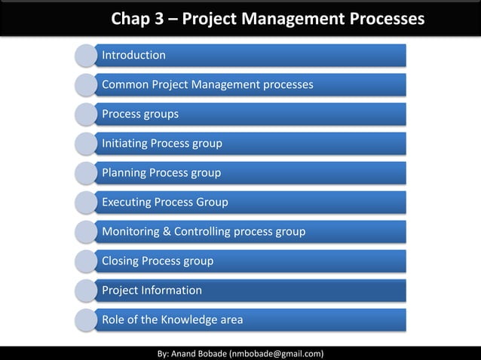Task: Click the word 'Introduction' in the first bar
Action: point(133,55)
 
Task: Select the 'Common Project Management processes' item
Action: point(207,84)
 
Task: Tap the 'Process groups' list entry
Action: point(140,114)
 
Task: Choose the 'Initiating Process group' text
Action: point(161,143)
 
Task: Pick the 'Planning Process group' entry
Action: point(161,172)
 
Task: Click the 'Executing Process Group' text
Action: point(164,202)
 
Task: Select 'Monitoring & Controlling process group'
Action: point(204,231)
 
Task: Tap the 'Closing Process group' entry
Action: point(158,261)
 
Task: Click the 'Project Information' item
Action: point(152,290)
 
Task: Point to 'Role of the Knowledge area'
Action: point(172,319)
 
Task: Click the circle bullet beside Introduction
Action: point(86,55)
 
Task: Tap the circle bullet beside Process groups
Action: point(86,114)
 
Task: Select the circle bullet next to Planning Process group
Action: point(86,172)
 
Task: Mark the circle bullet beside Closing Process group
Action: point(86,261)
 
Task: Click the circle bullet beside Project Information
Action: point(86,290)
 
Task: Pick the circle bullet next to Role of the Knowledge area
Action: point(86,319)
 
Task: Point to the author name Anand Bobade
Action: point(198,352)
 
